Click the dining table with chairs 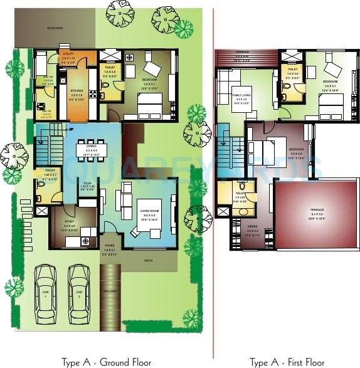(91, 149)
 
